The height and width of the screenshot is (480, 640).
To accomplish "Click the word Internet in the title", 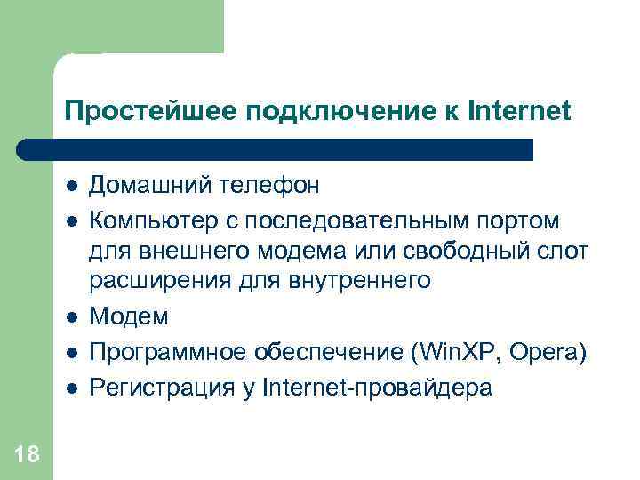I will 518,111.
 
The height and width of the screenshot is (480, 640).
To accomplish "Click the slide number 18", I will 27,455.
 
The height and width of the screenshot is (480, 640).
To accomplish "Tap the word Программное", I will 165,351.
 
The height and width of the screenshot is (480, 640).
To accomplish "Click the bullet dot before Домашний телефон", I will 72,187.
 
